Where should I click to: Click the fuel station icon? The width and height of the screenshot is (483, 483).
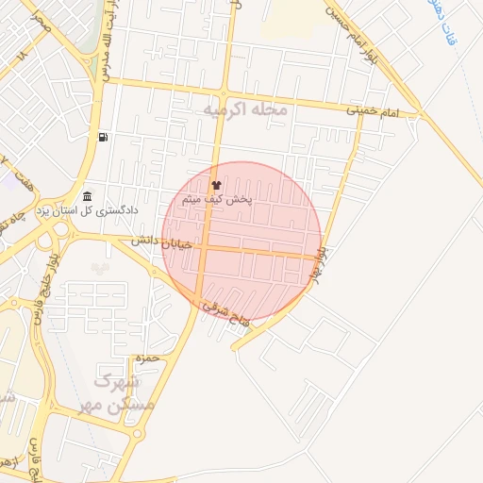102,138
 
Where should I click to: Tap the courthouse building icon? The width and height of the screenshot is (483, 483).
88,195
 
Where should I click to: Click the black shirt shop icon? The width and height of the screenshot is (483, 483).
216,186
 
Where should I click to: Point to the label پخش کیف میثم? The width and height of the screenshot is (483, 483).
218,200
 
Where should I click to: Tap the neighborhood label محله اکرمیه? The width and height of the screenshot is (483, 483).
244,110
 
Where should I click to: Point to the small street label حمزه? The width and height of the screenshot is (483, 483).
144,358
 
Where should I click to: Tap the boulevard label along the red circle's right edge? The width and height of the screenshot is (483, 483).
321,264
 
